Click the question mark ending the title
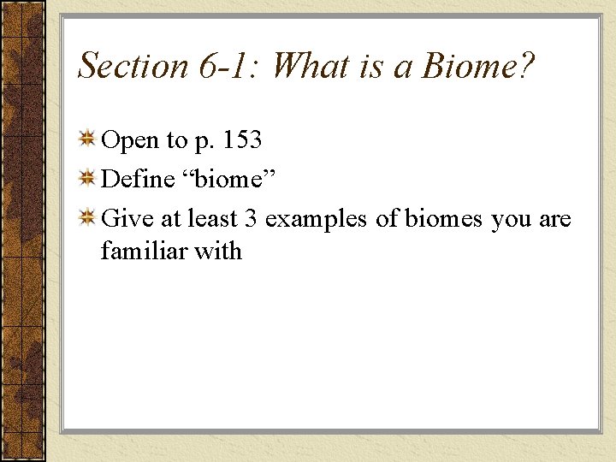point(526,66)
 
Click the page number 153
point(240,140)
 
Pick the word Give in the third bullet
point(125,219)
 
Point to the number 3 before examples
point(251,219)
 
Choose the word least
point(210,219)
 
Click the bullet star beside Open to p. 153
point(87,139)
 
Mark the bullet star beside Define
point(87,178)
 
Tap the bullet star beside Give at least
point(87,218)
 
